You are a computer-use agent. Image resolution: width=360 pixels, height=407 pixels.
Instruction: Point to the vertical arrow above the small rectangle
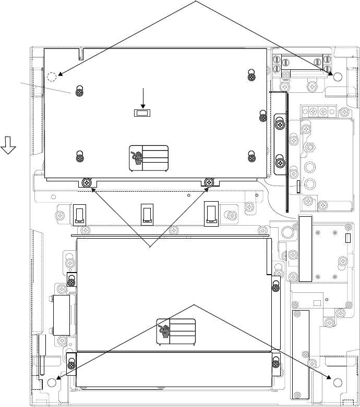tap(142, 97)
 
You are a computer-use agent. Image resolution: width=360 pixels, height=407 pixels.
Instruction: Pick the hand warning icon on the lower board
tap(165, 331)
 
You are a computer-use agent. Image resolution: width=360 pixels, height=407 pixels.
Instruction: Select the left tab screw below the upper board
tap(87, 182)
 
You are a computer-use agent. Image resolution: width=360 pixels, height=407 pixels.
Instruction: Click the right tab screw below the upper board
tap(209, 182)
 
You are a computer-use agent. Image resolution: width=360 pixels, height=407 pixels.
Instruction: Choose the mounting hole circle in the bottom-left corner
tap(51, 382)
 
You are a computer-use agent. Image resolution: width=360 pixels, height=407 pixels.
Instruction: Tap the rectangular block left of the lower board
tap(61, 315)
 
